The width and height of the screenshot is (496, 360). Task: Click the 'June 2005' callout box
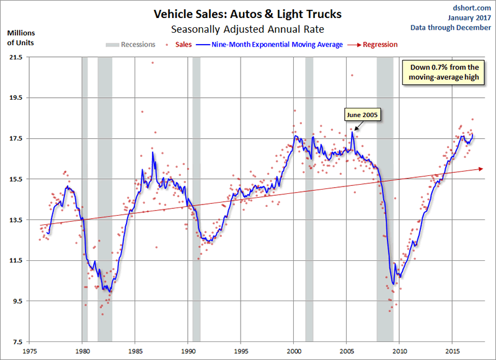pos(362,115)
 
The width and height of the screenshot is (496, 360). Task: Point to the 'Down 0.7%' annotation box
pos(443,72)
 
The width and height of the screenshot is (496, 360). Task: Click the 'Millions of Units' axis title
pos(20,37)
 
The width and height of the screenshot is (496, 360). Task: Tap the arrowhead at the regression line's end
pos(482,168)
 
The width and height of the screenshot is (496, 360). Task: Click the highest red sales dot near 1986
pos(152,63)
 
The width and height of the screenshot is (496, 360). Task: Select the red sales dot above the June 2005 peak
pos(352,75)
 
